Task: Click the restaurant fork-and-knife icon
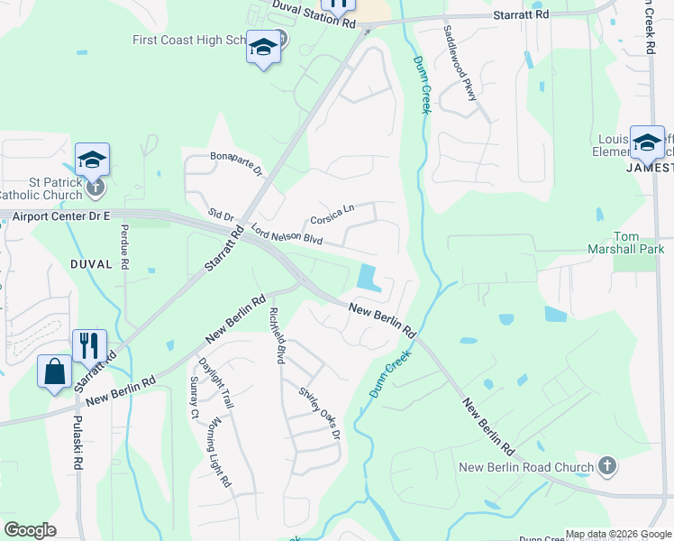[x=89, y=344]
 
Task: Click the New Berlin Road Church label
[x=525, y=467]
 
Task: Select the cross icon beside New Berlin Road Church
[x=608, y=466]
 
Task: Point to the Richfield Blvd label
[x=277, y=335]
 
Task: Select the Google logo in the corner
[x=30, y=530]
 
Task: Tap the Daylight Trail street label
[x=215, y=382]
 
